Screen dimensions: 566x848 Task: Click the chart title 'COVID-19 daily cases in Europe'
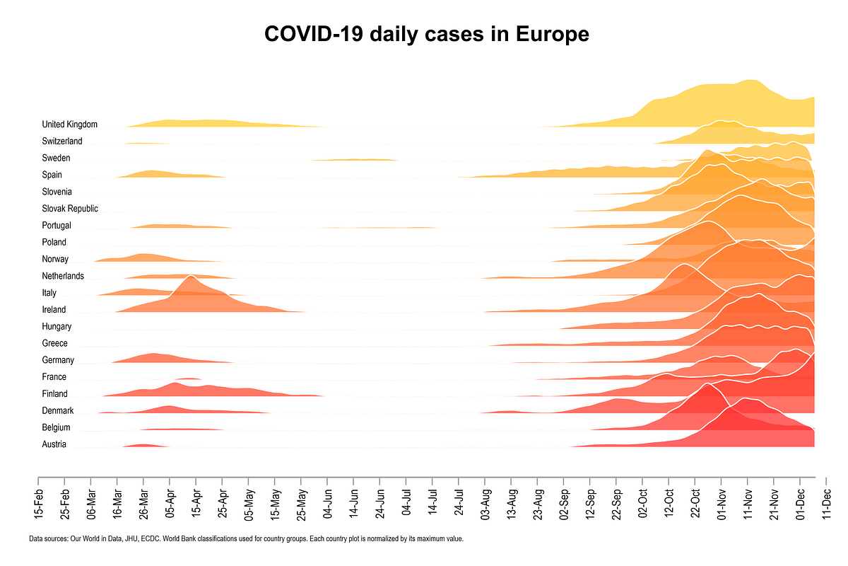426,33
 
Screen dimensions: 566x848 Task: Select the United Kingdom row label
69,125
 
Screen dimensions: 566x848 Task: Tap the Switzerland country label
62,141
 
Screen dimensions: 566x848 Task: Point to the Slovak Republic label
70,209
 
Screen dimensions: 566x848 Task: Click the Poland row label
54,242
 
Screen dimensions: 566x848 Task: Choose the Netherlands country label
63,276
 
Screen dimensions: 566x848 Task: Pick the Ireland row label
54,309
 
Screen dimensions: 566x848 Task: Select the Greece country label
55,343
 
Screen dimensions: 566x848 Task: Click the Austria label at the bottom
54,444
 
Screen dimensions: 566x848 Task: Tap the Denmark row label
58,410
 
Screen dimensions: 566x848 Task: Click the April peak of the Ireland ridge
189,277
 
